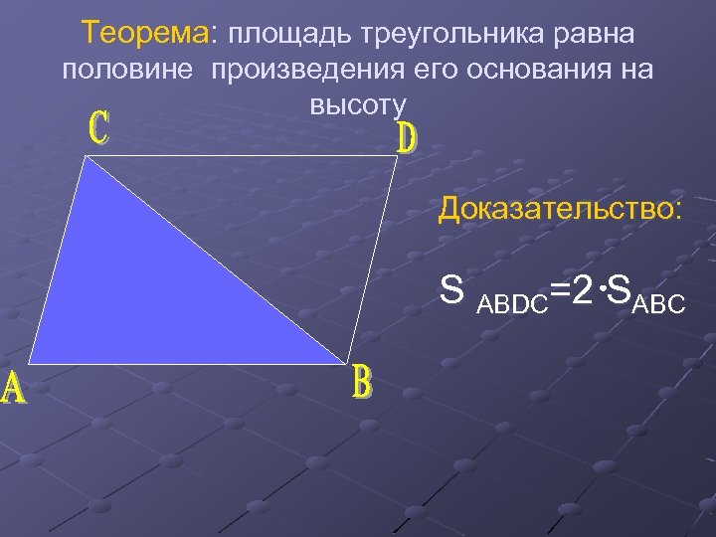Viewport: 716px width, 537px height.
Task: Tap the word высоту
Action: click(358, 105)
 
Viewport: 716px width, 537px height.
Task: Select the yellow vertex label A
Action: click(14, 389)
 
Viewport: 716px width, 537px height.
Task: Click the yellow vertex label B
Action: click(363, 383)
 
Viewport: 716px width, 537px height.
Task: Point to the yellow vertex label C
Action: click(100, 128)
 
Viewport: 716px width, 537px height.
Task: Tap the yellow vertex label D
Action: click(407, 138)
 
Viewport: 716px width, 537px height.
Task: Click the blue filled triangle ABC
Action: click(149, 288)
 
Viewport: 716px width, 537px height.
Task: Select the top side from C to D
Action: click(244, 157)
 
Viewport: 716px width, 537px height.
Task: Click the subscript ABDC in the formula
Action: click(513, 304)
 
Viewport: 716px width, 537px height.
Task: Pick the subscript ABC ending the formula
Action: click(657, 303)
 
